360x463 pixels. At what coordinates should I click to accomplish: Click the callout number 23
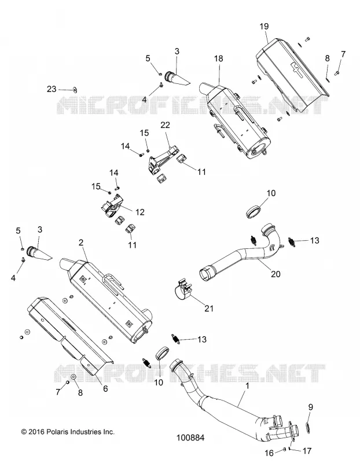coord(52,89)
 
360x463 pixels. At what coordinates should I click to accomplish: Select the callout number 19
coord(264,26)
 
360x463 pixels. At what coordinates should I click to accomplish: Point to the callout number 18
coord(219,58)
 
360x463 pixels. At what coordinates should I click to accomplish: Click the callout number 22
coord(166,125)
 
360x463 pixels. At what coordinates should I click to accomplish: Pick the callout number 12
coord(139,212)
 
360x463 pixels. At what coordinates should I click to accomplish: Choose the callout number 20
coord(275,274)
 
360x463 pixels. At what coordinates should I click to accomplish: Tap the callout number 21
coord(209,308)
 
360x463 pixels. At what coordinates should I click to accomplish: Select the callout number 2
coord(81,242)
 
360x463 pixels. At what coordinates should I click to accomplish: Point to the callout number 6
coord(105,388)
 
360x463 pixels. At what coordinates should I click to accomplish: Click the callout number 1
coord(248,385)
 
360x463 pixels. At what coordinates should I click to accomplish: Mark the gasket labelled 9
coord(307,427)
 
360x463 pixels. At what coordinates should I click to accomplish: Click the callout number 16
coord(269,452)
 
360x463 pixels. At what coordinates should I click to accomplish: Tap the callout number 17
coord(307,451)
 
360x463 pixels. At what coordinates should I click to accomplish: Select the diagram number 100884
coord(190,438)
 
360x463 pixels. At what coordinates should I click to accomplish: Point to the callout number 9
coord(310,407)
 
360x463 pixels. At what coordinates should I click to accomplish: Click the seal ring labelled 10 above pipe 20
coord(254,211)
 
